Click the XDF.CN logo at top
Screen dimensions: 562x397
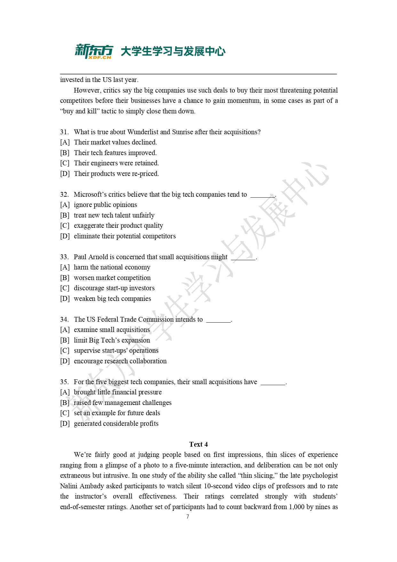(x=94, y=52)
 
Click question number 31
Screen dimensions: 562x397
(x=64, y=132)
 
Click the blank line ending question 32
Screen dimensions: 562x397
(x=262, y=195)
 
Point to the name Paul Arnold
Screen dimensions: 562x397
(x=91, y=257)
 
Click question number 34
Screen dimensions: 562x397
(x=64, y=319)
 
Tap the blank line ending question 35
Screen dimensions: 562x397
(x=273, y=383)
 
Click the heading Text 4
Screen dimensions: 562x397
(x=198, y=444)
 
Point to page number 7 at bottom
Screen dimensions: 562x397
(x=187, y=517)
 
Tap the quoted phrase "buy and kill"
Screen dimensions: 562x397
(x=78, y=111)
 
